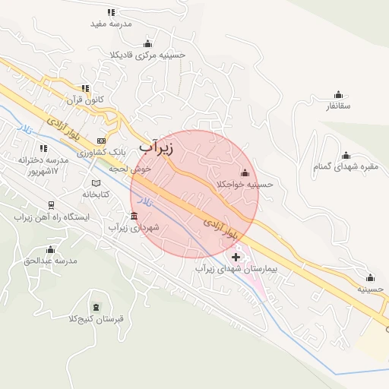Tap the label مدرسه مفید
coord(111,24)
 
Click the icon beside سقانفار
coord(338,94)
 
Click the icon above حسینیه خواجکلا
coord(245,172)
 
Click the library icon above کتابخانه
coord(96,183)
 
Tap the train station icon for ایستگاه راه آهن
coord(51,205)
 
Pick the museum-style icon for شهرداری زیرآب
coord(134,216)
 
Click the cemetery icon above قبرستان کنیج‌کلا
coord(96,307)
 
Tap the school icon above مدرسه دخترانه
coord(43,148)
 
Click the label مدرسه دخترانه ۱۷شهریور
coord(38,166)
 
